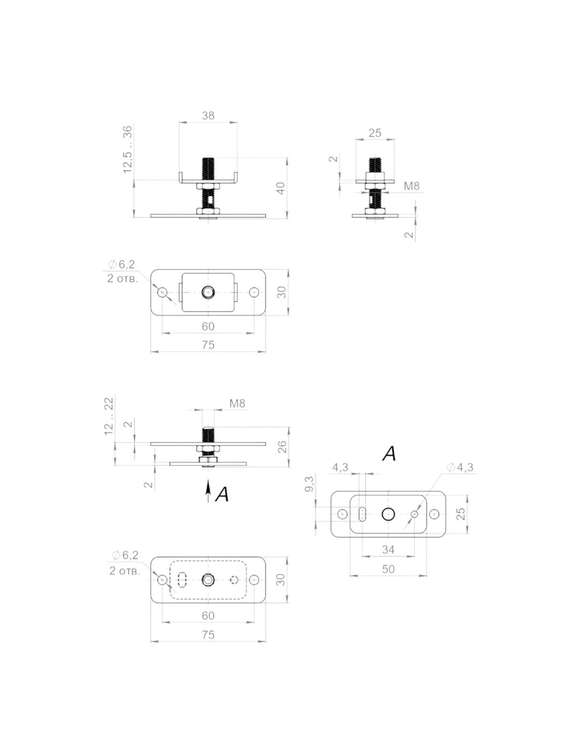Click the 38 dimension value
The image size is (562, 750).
coord(208,116)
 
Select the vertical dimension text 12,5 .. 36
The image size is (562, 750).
coord(127,149)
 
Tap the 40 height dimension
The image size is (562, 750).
coord(280,188)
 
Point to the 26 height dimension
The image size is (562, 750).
coord(282,447)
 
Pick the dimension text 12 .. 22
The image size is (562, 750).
coord(109,416)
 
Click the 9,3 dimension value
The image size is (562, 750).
coord(309,484)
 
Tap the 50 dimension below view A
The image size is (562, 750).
coord(389,569)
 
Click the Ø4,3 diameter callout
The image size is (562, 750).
coord(460,467)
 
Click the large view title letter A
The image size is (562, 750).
coord(389,454)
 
